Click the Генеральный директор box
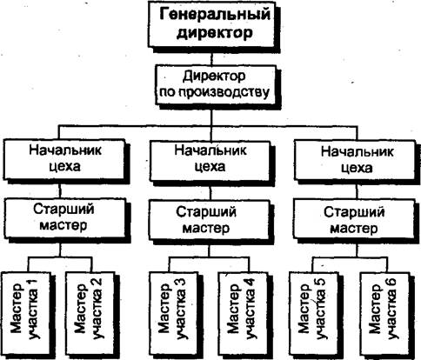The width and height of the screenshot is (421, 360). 211,23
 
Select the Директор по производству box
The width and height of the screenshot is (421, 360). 215,84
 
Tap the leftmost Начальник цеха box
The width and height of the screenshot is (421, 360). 64,159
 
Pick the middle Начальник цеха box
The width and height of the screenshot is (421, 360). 210,161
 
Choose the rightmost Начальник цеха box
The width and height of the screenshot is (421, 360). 355,160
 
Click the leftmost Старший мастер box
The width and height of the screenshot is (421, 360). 64,217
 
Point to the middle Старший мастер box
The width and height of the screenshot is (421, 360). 210,220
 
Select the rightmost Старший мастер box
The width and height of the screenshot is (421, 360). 354,219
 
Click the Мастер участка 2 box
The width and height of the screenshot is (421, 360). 90,316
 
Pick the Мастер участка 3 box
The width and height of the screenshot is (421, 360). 173,316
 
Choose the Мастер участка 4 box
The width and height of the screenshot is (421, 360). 243,316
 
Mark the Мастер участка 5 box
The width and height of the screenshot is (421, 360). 313,316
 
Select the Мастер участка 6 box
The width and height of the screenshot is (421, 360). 384,316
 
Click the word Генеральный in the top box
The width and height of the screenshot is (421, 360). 215,15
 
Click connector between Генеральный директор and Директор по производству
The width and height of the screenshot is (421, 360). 211,57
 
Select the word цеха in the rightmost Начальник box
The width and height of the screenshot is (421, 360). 357,168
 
